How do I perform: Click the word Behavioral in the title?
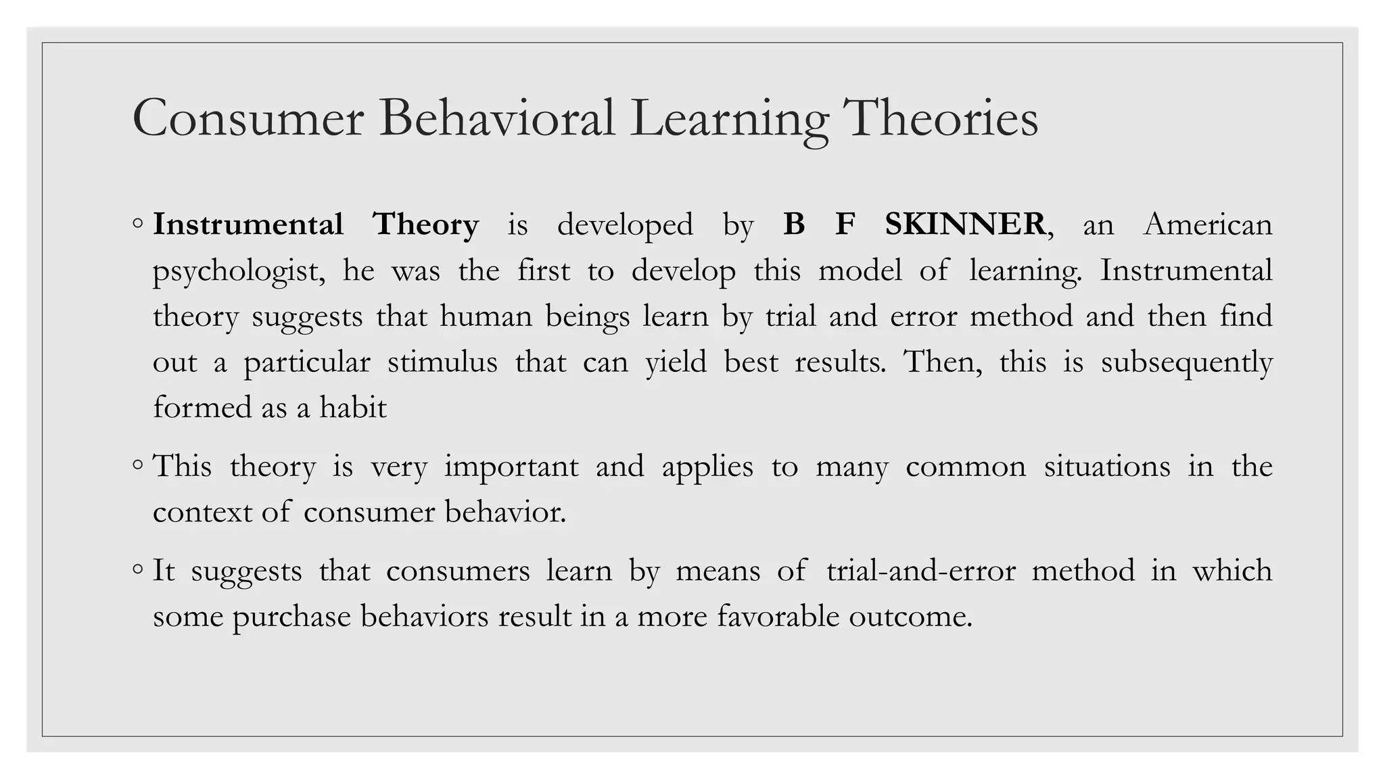tap(497, 118)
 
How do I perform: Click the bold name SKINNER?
tap(966, 224)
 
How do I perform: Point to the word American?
tap(1208, 224)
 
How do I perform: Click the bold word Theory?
tap(426, 224)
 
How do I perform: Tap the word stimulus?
tap(442, 362)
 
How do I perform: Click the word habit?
tap(353, 407)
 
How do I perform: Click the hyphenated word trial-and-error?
tap(921, 570)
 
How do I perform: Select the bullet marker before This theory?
tap(138, 465)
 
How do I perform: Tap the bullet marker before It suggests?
tap(138, 569)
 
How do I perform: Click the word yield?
tap(676, 362)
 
